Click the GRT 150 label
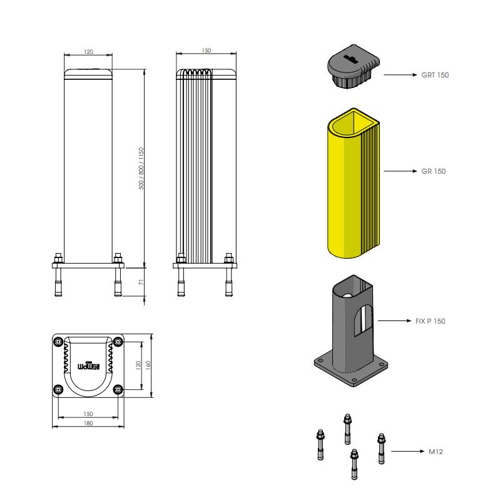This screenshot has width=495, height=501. click(x=434, y=75)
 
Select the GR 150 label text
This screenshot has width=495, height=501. click(x=433, y=171)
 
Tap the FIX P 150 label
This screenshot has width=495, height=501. click(x=430, y=321)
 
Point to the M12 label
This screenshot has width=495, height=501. click(x=436, y=451)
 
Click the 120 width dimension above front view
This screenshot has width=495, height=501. click(x=88, y=52)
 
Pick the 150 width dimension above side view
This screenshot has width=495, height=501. click(x=207, y=51)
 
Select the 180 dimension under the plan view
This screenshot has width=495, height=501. click(x=88, y=424)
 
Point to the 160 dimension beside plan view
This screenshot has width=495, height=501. click(x=148, y=365)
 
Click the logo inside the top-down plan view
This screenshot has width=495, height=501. click(x=88, y=366)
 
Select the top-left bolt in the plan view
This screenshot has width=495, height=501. click(x=58, y=342)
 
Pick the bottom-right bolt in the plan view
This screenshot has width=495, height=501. click(x=118, y=390)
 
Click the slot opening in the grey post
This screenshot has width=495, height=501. click(x=361, y=320)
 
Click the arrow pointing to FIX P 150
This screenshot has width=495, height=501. click(x=394, y=321)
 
